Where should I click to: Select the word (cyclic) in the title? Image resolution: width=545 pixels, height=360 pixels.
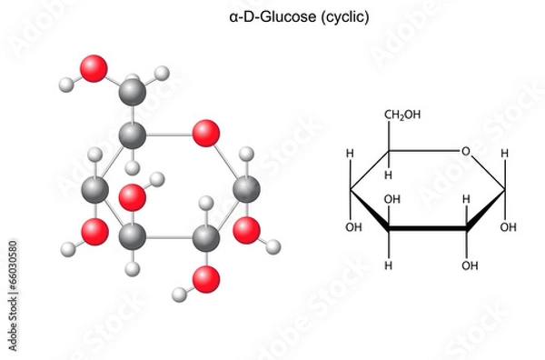coord(349,16)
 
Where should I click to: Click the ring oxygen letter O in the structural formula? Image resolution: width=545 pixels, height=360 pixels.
coord(465,151)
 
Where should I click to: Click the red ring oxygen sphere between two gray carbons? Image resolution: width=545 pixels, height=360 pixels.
coord(206,134)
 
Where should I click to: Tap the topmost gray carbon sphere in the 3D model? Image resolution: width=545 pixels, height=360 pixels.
coord(133,90)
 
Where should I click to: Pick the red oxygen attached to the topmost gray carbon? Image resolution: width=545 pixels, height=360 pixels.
coord(93,68)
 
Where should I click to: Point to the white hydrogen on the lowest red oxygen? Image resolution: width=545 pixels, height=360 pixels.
coord(179,294)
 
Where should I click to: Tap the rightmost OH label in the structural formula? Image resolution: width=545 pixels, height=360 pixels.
coord(509,226)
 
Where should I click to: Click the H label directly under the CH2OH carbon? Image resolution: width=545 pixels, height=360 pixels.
coord(390,175)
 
